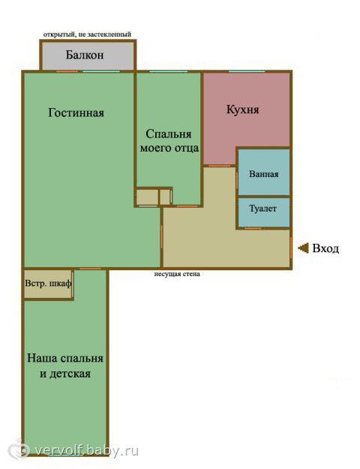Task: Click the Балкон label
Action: (x=85, y=55)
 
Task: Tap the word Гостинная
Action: (x=76, y=113)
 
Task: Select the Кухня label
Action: (x=243, y=110)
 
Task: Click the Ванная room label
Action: (x=264, y=174)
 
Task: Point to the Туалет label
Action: (x=262, y=209)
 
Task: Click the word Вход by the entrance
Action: (x=325, y=248)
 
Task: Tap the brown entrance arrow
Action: (x=303, y=248)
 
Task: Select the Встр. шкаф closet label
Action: (x=48, y=283)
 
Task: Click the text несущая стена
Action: (x=177, y=274)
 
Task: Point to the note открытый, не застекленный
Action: (x=87, y=35)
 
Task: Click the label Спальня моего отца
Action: (x=169, y=141)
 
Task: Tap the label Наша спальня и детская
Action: (x=65, y=365)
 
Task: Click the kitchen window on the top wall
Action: (x=247, y=71)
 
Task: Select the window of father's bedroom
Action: (x=168, y=71)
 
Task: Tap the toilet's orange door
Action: (x=253, y=229)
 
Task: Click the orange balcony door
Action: (x=67, y=71)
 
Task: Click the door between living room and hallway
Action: (x=162, y=236)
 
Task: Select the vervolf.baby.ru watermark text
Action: (x=87, y=450)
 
